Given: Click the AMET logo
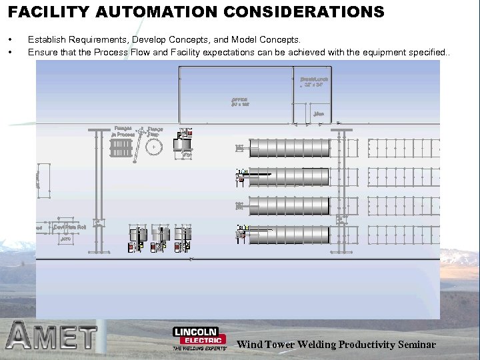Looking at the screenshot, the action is (51, 337).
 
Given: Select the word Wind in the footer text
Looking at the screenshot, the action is (250, 345).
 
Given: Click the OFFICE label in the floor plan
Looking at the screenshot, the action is (240, 102).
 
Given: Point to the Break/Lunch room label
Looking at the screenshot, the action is (314, 82).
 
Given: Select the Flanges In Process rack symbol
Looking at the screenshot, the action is (122, 149).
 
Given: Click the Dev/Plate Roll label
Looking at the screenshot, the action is (70, 227).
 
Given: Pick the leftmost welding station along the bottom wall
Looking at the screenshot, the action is (137, 237).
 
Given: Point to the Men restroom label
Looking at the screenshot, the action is (319, 114).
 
